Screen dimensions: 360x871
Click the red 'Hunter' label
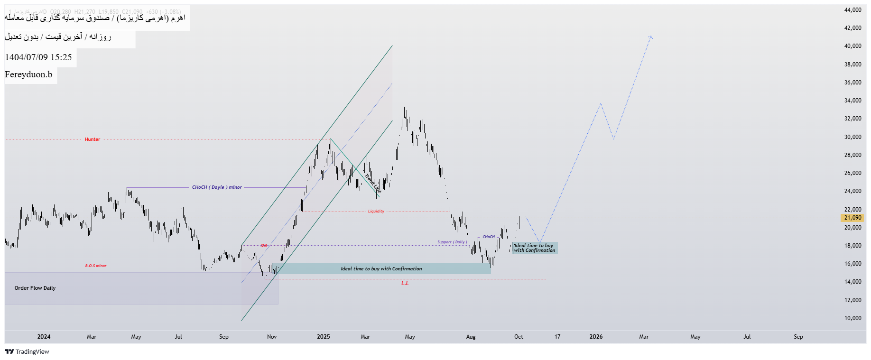[93, 139]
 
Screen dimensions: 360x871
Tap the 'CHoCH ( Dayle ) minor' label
[217, 187]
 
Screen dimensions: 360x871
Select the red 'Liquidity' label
[376, 212]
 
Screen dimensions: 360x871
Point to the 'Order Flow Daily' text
[35, 288]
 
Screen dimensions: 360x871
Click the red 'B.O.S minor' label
[96, 266]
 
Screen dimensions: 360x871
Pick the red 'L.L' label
[405, 284]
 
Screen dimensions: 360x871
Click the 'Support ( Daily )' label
[452, 242]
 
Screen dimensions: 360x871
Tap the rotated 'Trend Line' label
[373, 184]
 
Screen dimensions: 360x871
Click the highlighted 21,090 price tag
[852, 218]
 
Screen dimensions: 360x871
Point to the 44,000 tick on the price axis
[852, 10]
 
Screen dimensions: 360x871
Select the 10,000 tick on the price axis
[852, 318]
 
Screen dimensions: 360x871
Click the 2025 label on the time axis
[324, 337]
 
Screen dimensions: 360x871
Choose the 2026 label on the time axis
[596, 337]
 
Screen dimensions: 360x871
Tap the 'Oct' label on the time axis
[519, 337]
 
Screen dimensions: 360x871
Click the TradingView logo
[27, 352]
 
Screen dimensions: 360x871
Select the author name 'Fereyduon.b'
[28, 74]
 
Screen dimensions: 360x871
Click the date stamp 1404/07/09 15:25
[38, 57]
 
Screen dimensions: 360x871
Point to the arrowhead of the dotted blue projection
[651, 36]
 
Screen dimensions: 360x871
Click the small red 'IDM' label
[264, 246]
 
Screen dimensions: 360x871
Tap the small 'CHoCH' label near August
[489, 237]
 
